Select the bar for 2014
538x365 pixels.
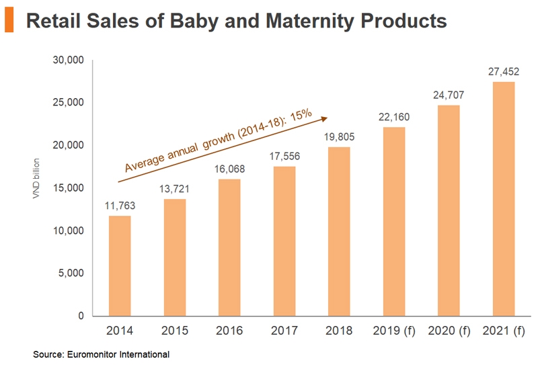pos(120,266)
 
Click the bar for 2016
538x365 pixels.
pos(229,247)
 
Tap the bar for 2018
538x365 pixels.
pos(339,231)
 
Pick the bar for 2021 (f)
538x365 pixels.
pos(504,199)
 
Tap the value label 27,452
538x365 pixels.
pos(504,71)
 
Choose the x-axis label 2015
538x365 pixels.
pos(175,331)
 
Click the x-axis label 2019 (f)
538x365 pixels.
pos(394,331)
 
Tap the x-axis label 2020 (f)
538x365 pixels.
pos(449,331)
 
